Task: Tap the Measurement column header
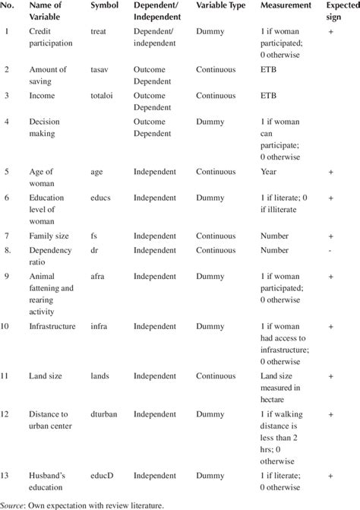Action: pos(286,7)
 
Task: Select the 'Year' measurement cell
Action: pos(269,171)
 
